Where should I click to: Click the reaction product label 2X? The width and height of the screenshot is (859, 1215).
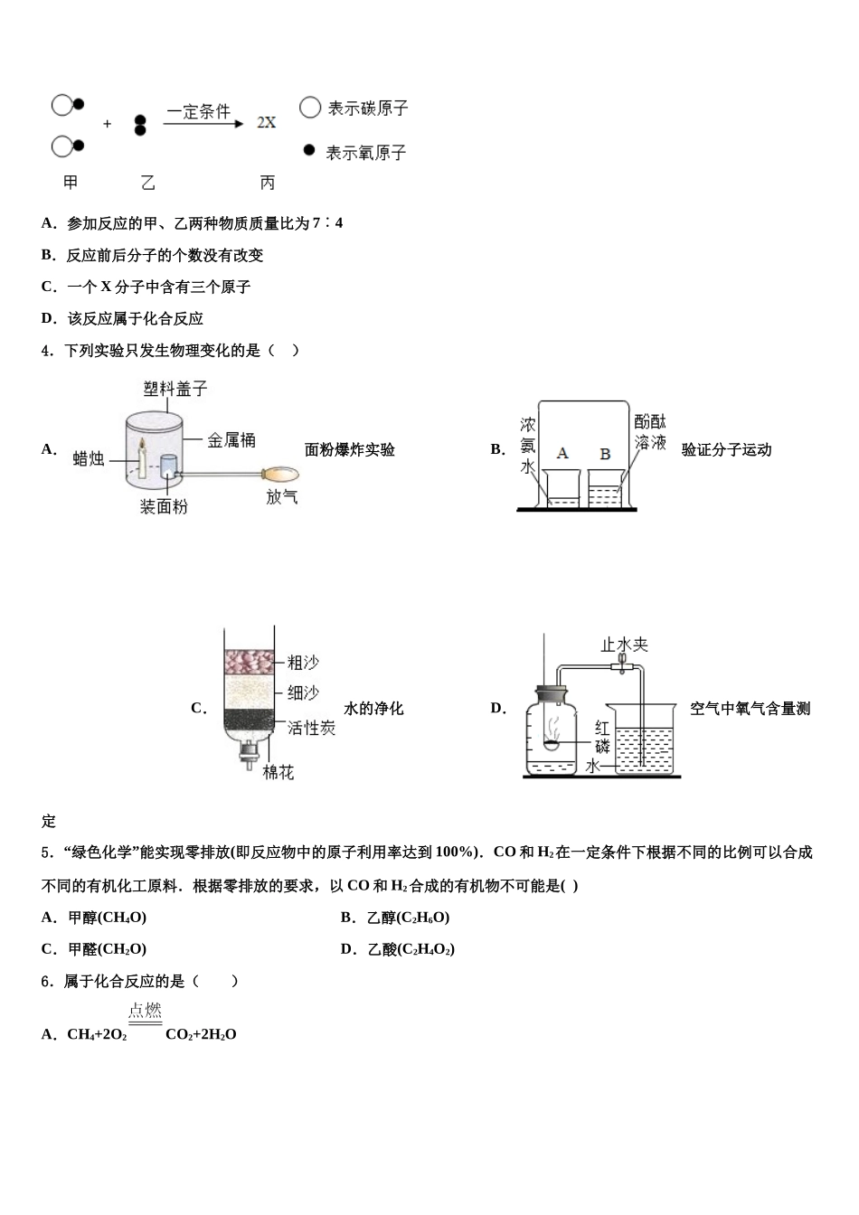(266, 122)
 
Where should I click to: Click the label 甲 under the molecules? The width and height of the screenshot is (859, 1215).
(71, 183)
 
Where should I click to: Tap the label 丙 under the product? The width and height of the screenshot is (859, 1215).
(267, 183)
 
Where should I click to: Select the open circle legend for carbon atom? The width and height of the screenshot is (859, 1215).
(310, 108)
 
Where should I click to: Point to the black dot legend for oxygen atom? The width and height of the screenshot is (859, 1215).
(309, 150)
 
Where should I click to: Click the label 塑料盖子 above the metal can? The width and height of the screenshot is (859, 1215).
(175, 389)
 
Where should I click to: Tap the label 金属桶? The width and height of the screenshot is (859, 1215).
(231, 440)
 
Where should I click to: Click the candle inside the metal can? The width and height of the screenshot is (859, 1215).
(141, 457)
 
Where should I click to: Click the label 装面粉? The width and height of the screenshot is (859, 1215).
(164, 507)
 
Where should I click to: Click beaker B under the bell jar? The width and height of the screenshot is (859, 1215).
(605, 488)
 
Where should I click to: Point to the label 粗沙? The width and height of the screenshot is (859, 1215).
(303, 663)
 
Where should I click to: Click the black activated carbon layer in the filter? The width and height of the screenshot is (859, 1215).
(248, 720)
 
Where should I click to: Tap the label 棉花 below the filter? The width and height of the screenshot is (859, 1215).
(278, 773)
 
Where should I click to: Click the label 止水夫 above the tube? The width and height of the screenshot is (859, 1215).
(625, 645)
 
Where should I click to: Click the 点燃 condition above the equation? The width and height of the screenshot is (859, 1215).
(145, 1011)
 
